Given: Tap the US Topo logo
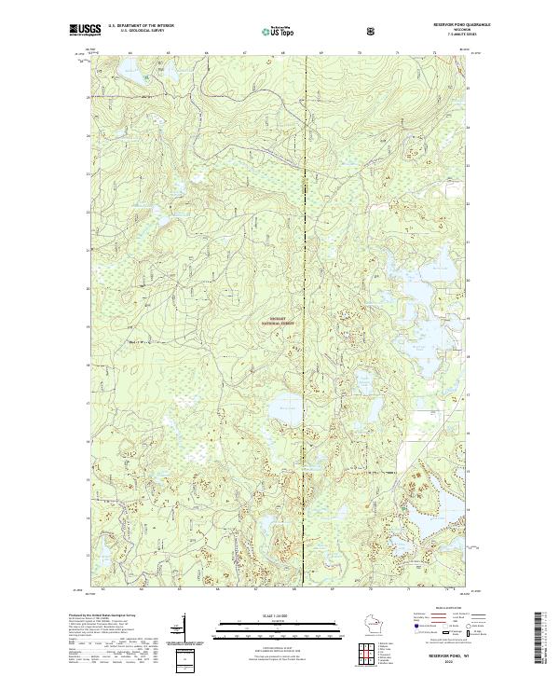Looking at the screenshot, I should tap(282, 31).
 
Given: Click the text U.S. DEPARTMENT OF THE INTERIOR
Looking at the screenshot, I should tap(141, 25).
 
